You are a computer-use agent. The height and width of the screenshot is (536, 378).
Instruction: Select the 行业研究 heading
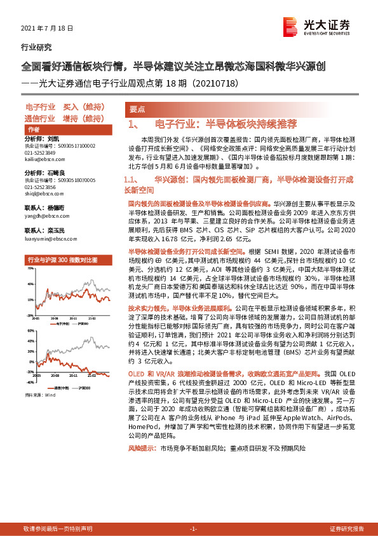pos(37,47)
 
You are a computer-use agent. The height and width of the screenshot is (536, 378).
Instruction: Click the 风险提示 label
pos(141,467)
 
